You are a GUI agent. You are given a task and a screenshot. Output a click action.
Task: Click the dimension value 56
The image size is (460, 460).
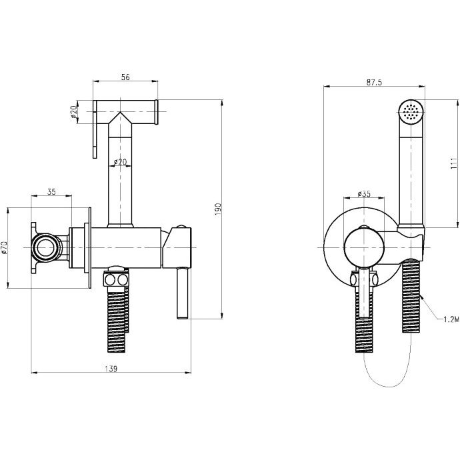[125, 77]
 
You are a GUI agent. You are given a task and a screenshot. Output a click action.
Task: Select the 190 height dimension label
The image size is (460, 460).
[218, 209]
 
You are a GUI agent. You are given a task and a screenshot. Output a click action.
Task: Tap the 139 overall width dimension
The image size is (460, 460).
[111, 369]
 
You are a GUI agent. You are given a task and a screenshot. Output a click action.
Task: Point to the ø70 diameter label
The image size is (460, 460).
[3, 247]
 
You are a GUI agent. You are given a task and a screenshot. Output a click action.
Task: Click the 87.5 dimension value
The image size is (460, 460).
[374, 83]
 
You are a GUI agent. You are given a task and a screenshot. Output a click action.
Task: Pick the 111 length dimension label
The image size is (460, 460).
[454, 163]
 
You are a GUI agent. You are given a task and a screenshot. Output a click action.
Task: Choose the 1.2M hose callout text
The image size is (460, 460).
[451, 319]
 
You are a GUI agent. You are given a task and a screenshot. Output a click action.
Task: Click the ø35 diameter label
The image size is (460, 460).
[364, 194]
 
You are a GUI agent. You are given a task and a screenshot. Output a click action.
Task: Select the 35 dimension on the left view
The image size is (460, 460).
[51, 192]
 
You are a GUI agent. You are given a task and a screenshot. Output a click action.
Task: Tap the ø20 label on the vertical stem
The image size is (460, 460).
[120, 161]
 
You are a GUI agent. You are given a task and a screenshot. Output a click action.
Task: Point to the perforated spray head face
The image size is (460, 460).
[411, 112]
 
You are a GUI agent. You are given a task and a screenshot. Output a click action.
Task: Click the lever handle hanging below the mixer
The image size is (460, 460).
[182, 293]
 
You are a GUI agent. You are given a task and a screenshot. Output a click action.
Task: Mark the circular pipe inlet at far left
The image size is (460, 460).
[45, 247]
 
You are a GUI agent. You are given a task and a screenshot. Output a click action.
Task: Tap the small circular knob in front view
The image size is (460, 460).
[364, 247]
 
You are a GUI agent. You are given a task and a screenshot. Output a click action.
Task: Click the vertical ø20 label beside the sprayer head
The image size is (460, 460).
[73, 112]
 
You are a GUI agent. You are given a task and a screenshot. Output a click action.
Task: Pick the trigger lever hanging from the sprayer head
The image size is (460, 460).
[95, 129]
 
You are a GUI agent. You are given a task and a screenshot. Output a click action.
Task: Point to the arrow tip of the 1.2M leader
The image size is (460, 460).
[420, 295]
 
